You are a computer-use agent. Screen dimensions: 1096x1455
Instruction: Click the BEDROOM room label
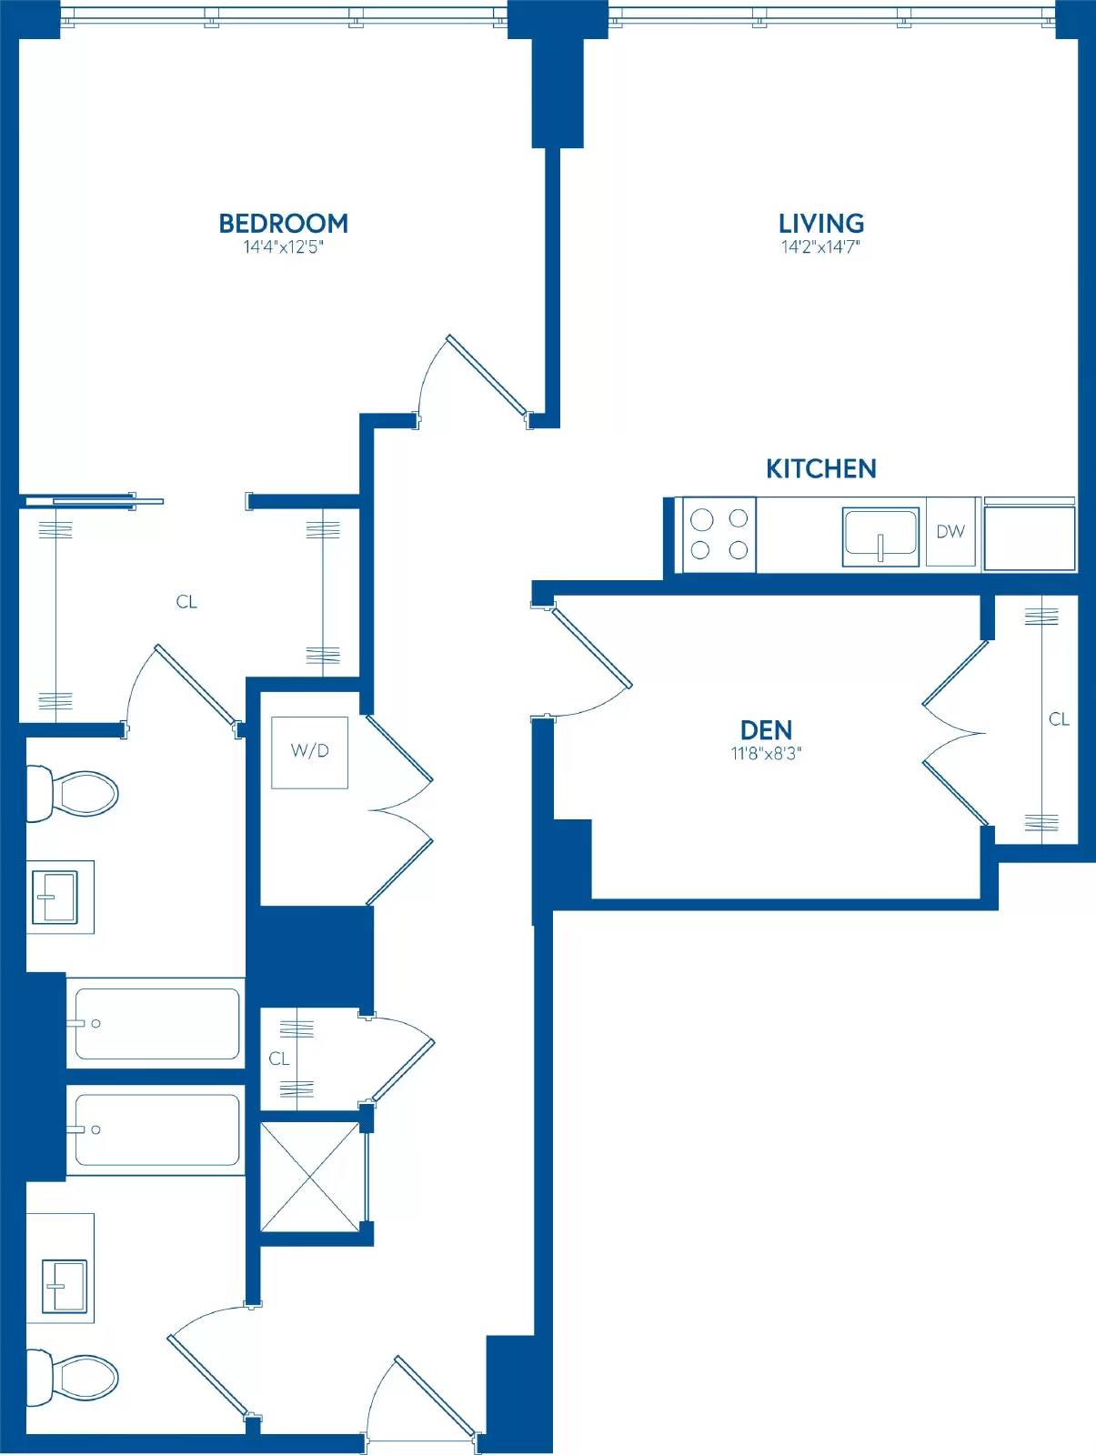283,224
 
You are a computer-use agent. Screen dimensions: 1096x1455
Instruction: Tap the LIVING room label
820,224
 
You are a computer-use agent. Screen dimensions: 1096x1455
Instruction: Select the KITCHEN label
820,468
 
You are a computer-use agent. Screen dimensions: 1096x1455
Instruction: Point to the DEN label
766,730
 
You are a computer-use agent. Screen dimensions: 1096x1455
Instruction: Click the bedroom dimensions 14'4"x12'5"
283,247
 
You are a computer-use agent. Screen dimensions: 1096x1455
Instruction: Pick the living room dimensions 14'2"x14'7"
820,247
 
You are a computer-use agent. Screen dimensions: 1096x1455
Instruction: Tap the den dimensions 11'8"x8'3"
766,754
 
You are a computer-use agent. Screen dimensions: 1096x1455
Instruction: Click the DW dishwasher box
950,532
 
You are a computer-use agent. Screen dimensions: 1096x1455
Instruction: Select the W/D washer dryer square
309,752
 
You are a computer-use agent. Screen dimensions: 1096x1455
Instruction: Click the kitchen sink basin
880,537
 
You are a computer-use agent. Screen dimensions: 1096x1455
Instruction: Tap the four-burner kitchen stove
719,535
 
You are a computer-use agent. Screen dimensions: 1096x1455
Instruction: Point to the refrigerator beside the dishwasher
1030,535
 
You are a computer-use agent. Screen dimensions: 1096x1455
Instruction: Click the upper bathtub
156,1024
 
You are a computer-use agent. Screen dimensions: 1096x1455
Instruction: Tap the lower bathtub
156,1130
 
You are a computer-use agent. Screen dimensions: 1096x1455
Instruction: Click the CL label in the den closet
1059,719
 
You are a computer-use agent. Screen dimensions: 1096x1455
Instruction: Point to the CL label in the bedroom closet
186,602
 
